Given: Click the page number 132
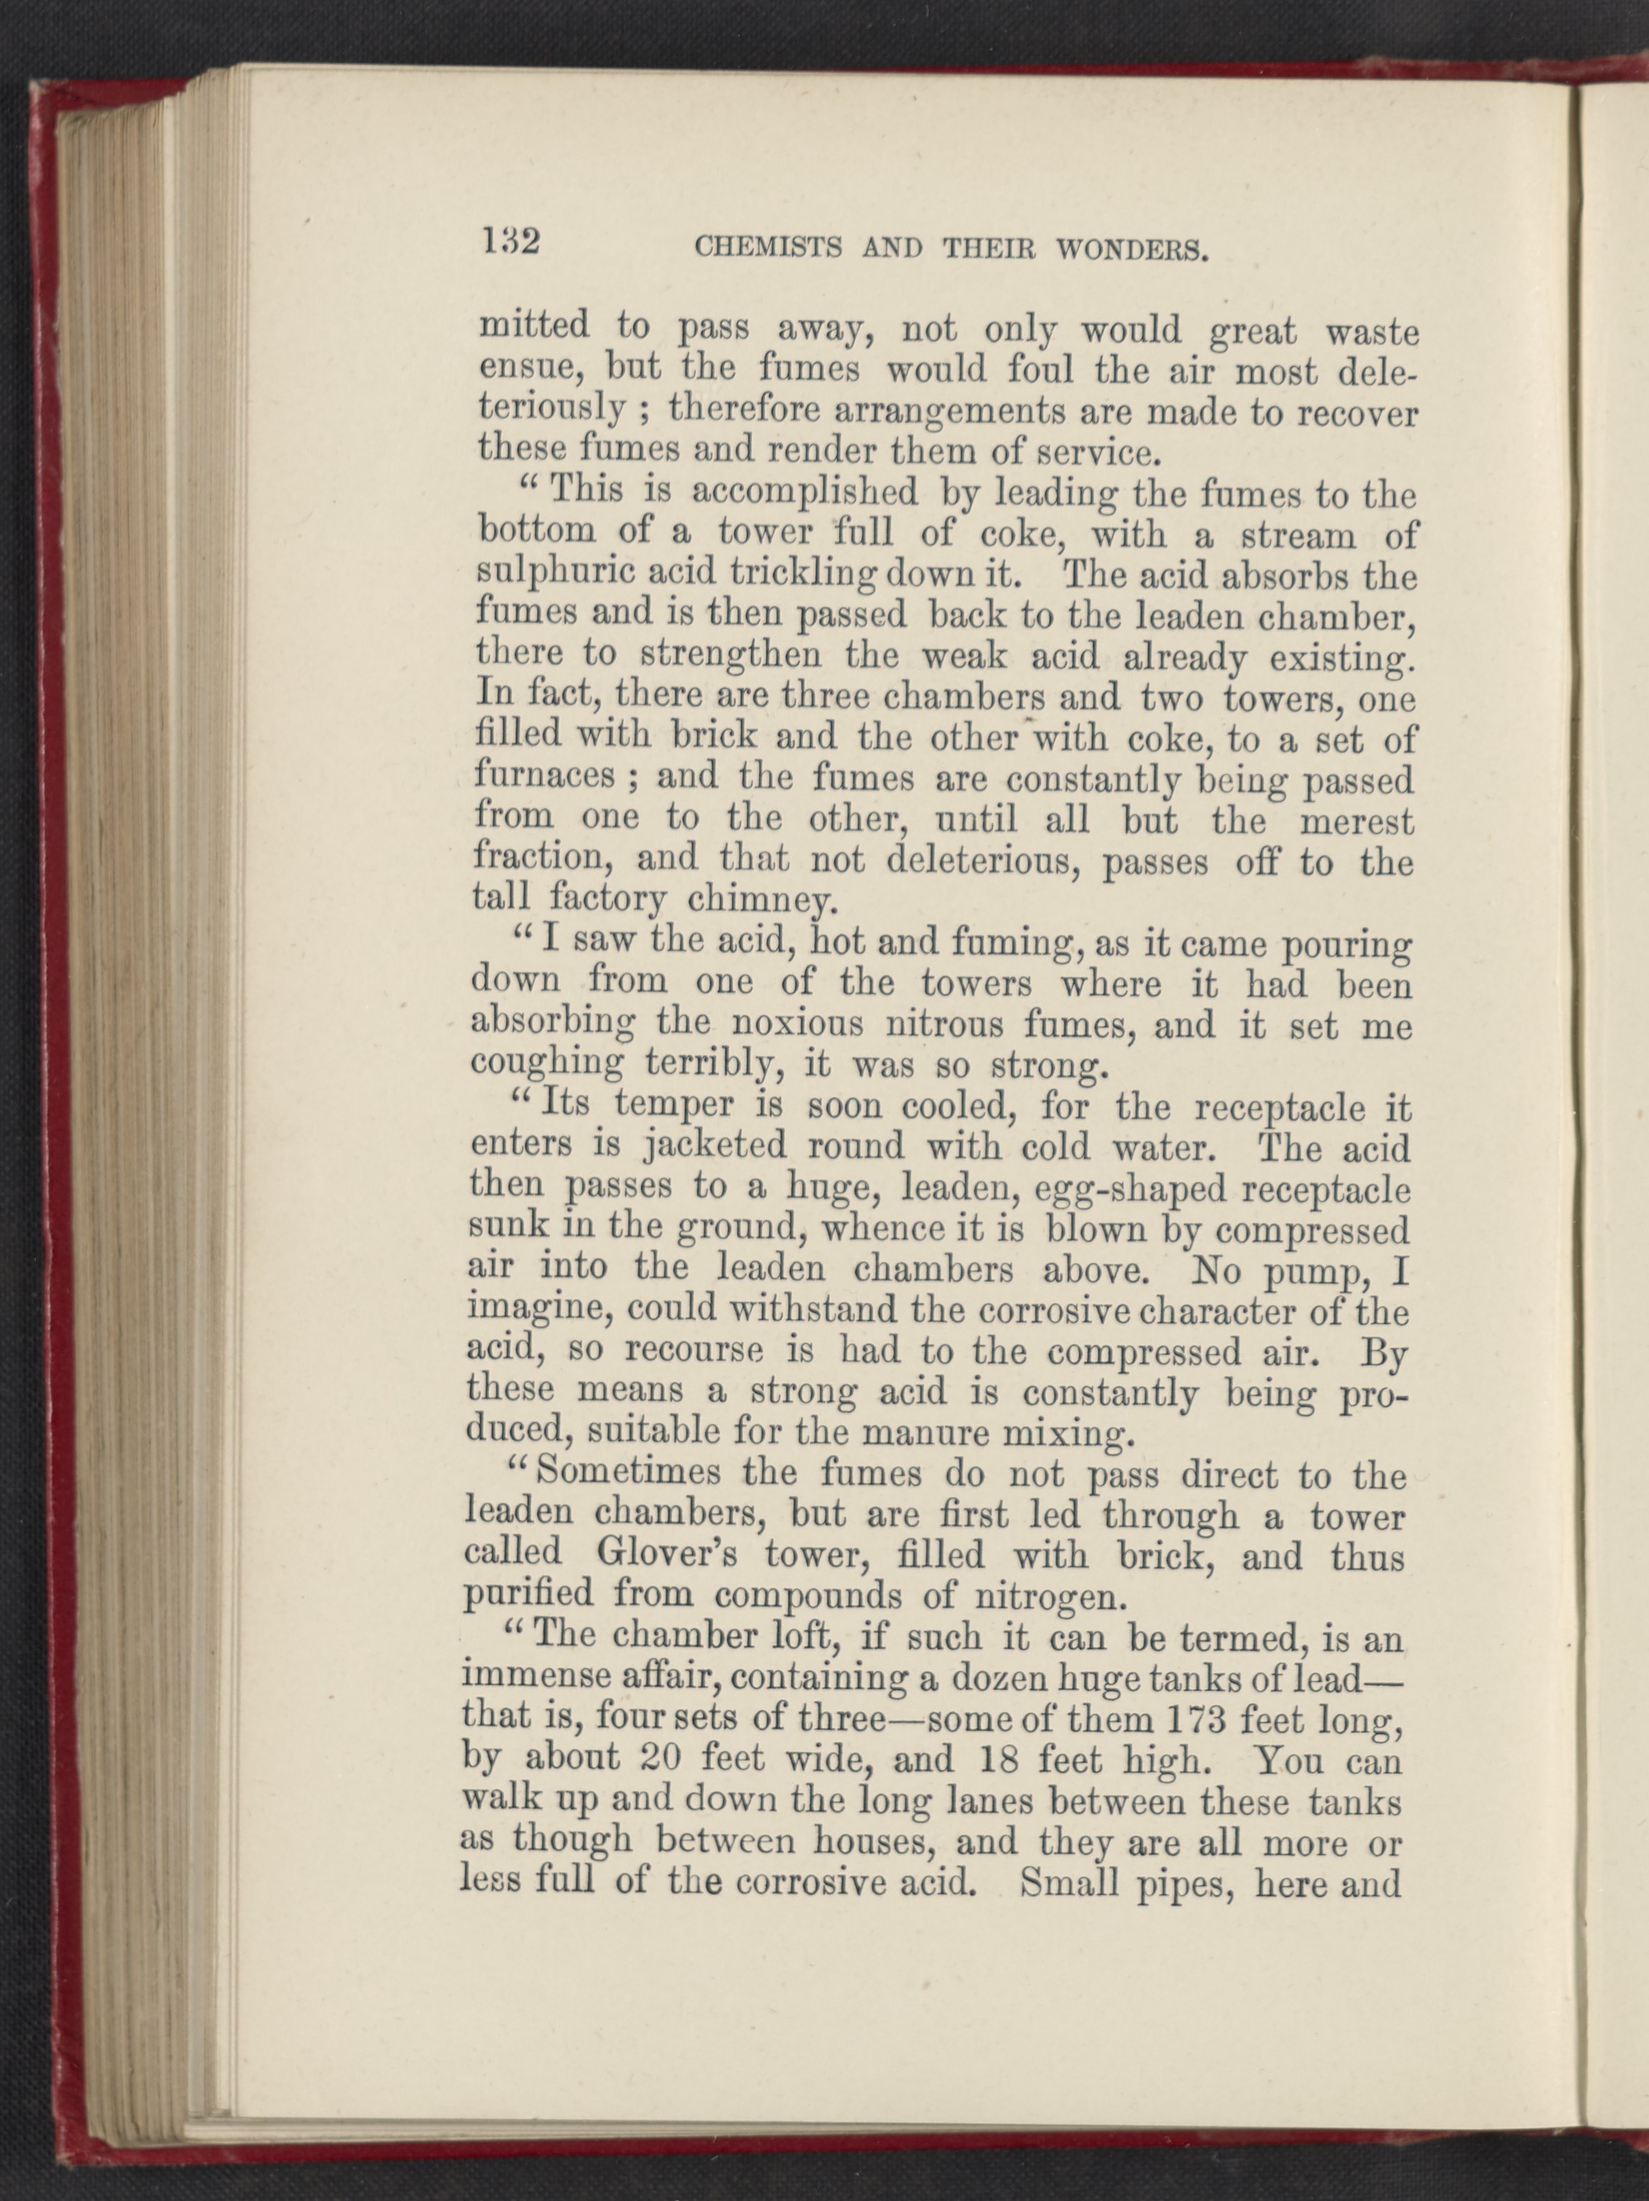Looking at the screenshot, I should [510, 242].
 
